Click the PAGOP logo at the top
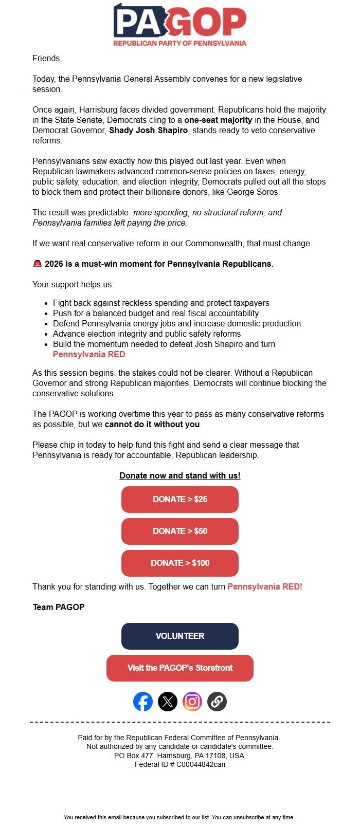(179, 25)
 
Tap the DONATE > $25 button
(179, 499)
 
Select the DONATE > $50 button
(179, 531)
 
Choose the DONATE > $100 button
(179, 563)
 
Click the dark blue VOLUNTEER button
(179, 636)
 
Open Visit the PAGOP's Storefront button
(179, 668)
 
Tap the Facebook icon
(143, 702)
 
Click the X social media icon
(168, 702)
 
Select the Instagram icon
(192, 702)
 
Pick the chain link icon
(217, 702)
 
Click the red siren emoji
(37, 264)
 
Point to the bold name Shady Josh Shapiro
(148, 131)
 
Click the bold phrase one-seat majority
(218, 120)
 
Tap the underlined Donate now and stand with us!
(179, 475)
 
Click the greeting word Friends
(46, 59)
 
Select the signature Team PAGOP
(59, 607)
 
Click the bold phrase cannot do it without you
(152, 425)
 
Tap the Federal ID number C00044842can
(201, 764)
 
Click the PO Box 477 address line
(179, 756)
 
